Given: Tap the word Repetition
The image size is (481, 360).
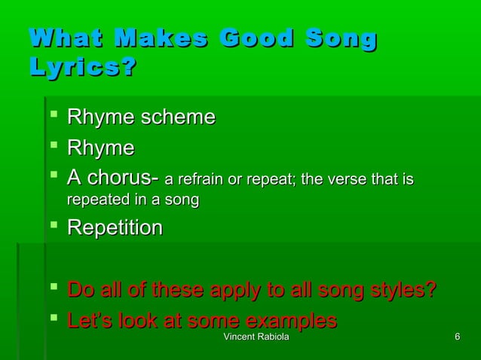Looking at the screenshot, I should [115, 227].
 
